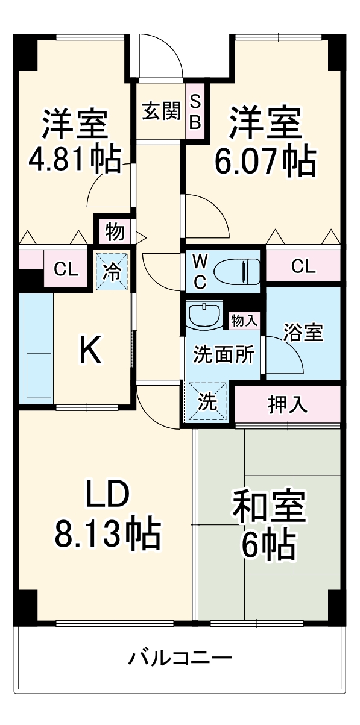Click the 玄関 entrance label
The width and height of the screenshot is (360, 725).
click(161, 111)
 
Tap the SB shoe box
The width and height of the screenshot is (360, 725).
click(195, 111)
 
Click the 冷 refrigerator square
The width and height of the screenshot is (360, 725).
click(111, 270)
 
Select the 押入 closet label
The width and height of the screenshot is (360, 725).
click(288, 405)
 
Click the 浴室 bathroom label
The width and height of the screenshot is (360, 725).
click(304, 333)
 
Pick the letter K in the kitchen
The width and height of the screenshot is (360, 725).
click(91, 350)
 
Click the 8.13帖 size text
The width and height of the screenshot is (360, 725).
click(108, 532)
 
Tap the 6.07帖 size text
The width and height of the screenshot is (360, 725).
click(265, 160)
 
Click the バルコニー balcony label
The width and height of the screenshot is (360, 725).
click(179, 657)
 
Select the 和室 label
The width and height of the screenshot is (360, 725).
click(269, 507)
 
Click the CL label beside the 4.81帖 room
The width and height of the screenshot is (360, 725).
click(66, 269)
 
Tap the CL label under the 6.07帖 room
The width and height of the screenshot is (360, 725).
click(303, 266)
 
